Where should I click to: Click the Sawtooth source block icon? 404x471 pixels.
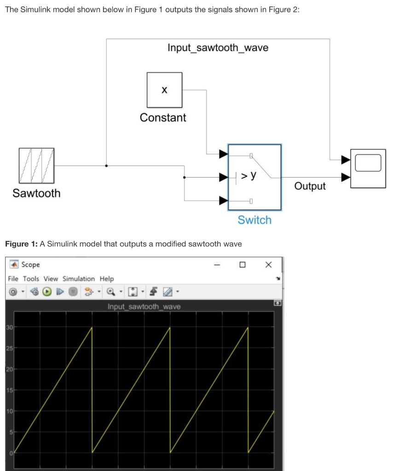37,166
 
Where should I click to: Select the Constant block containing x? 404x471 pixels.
164,90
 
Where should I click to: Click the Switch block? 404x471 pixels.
254,177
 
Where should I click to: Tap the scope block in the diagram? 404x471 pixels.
368,168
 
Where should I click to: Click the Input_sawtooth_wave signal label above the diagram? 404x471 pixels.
218,48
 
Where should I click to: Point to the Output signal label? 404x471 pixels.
310,186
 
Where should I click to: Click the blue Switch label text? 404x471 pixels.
254,220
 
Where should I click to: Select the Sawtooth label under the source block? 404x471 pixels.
36,193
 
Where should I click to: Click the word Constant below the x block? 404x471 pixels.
163,118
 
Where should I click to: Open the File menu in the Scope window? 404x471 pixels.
13,279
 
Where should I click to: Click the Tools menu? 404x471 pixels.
31,279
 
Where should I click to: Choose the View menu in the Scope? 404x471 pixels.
51,279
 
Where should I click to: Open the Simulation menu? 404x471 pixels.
79,279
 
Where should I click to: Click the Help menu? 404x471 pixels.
107,279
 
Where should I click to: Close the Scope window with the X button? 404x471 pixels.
269,264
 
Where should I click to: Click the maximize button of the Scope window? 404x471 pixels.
242,264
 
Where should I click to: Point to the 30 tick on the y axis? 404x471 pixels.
9,327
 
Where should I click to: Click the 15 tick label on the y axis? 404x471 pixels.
9,390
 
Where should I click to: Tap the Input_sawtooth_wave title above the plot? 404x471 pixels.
144,306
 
